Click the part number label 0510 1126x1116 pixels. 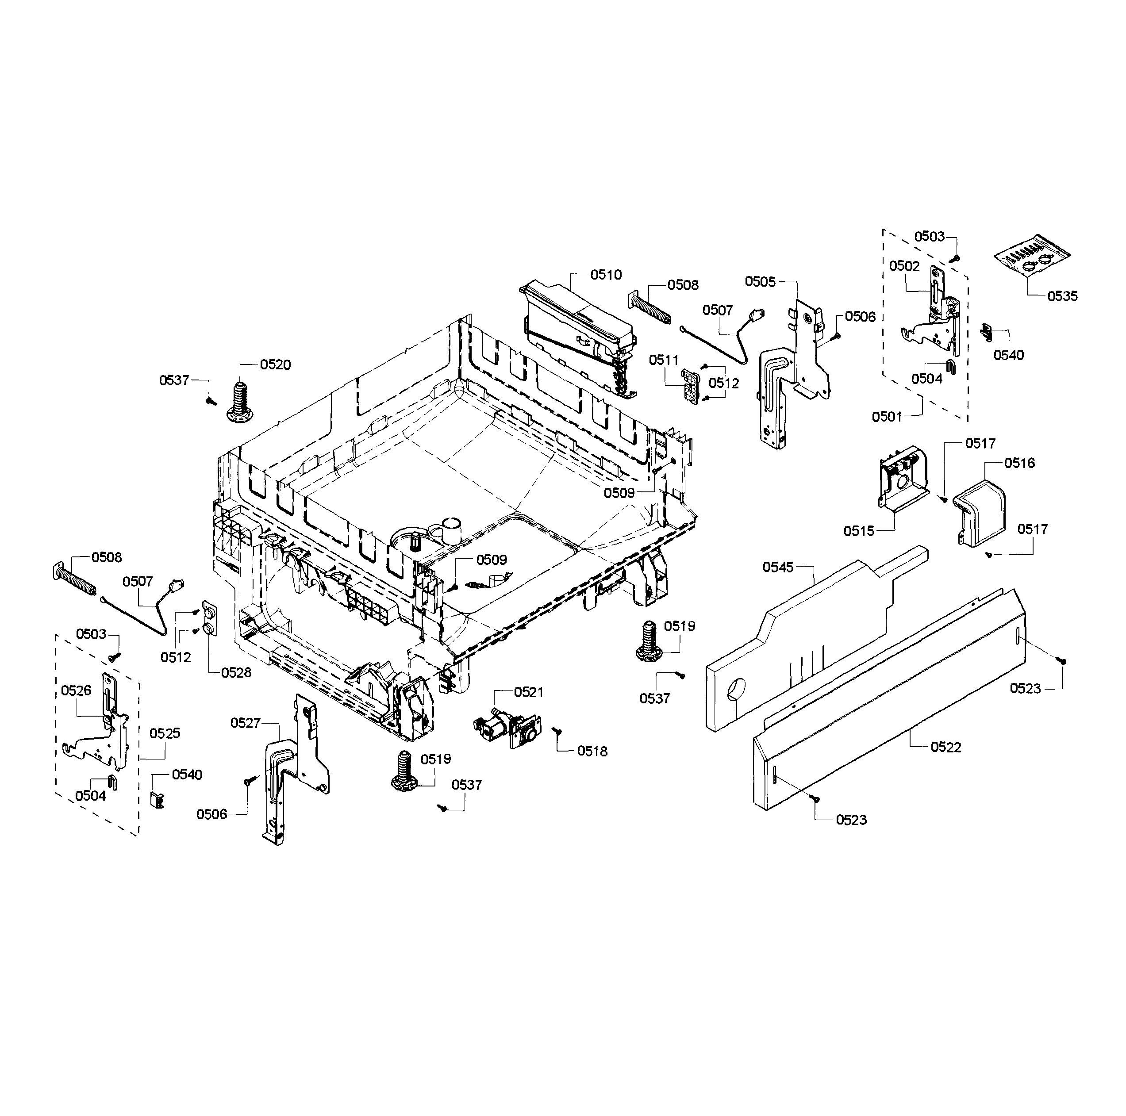coord(606,275)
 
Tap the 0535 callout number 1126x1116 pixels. coord(1062,296)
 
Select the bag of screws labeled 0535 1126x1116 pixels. coord(1032,257)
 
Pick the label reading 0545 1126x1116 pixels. coord(778,567)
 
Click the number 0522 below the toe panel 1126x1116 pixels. coord(945,747)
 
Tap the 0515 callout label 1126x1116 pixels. coord(859,531)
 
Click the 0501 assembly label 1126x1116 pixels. coord(887,417)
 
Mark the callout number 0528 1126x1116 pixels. coord(236,672)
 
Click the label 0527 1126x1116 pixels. coord(246,723)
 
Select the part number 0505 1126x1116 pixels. coord(760,282)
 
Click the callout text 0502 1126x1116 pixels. coord(904,266)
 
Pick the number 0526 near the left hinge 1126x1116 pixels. coord(77,690)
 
